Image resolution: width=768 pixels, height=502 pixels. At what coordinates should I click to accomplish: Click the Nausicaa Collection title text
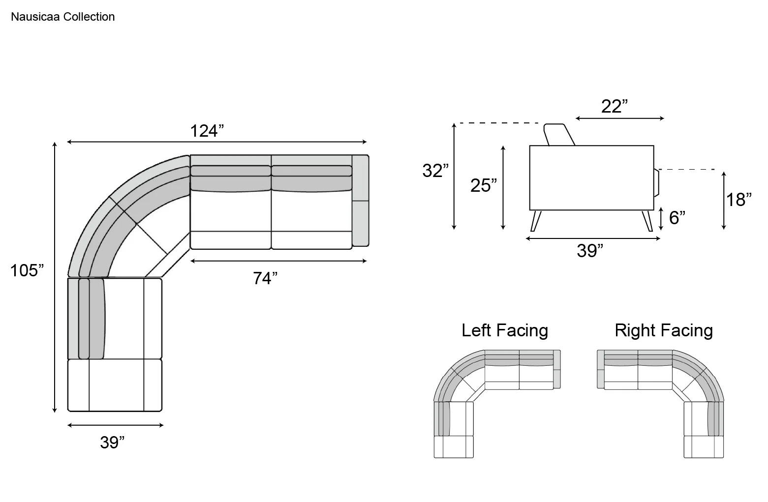(x=63, y=17)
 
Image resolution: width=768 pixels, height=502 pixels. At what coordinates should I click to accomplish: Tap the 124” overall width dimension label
(x=207, y=131)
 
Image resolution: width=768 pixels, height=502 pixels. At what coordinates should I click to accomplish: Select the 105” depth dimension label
(x=27, y=270)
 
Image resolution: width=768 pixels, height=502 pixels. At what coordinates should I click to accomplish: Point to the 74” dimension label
(x=265, y=278)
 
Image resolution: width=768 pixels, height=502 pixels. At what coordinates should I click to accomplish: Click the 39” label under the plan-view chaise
(x=112, y=443)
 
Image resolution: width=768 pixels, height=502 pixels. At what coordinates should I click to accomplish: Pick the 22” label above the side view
(x=614, y=107)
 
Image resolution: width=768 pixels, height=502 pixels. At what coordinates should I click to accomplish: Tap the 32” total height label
(x=435, y=171)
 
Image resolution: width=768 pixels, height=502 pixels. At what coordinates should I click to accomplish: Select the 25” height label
(x=484, y=185)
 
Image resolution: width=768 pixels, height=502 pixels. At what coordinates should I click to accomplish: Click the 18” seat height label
(x=739, y=200)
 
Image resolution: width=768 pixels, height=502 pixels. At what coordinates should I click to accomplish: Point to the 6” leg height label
(x=677, y=218)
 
